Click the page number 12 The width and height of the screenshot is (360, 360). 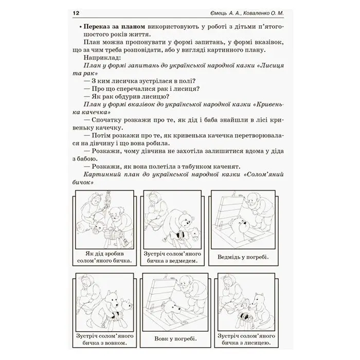click(76, 13)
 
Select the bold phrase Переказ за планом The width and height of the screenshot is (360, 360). click(114, 27)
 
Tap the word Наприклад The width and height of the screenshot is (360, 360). click(102, 58)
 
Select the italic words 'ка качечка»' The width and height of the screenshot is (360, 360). click(92, 112)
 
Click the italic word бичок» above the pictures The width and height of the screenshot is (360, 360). click(83, 182)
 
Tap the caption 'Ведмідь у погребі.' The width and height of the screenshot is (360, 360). click(243, 257)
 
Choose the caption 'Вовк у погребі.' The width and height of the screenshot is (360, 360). click(176, 338)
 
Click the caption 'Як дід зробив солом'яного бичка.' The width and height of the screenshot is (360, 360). click(105, 257)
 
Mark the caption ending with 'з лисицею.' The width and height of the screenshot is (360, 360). click(246, 339)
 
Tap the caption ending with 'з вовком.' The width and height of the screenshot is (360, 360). click(105, 339)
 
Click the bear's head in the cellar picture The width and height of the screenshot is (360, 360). click(241, 225)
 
